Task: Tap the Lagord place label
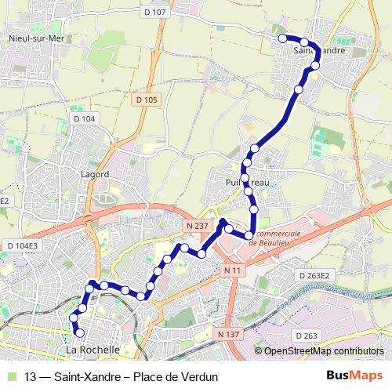click(x=94, y=174)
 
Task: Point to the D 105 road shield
click(x=146, y=100)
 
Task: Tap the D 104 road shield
click(x=82, y=118)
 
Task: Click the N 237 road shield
click(x=197, y=226)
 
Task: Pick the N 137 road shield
click(x=228, y=335)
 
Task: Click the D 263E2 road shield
click(x=315, y=275)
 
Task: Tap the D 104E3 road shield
click(x=22, y=245)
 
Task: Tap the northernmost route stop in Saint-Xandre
click(x=282, y=38)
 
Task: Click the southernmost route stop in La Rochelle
click(x=79, y=333)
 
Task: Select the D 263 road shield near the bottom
click(x=307, y=336)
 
